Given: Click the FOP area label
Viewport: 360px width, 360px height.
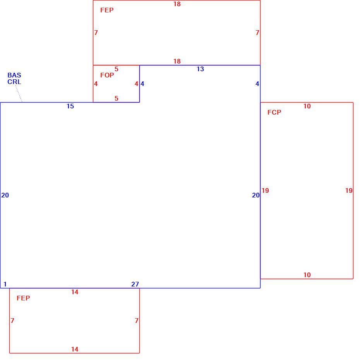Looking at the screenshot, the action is (x=107, y=75).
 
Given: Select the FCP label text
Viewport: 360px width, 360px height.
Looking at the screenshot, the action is (x=274, y=112).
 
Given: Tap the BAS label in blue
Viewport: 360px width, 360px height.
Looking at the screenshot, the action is (x=14, y=75).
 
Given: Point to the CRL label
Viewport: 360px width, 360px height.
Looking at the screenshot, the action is (x=14, y=82).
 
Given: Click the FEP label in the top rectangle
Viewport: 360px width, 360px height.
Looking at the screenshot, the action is (x=107, y=10).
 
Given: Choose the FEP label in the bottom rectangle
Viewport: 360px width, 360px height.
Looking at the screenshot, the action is (x=23, y=298).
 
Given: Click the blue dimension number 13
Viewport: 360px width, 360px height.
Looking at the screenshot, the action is (x=200, y=69).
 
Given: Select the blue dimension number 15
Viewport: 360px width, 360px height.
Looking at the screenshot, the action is (x=70, y=106).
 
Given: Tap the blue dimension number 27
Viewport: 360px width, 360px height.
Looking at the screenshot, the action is (x=135, y=284).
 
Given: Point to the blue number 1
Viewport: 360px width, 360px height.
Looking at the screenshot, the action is (x=5, y=284).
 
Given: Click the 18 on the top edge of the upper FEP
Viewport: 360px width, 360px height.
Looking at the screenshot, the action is (x=177, y=4).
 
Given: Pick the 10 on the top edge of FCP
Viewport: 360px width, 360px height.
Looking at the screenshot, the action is (x=307, y=106).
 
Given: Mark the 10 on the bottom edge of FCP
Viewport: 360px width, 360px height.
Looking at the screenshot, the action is (x=307, y=275).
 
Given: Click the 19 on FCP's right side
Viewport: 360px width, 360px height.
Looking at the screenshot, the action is (x=349, y=190).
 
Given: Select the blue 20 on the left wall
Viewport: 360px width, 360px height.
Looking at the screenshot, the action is (x=5, y=195).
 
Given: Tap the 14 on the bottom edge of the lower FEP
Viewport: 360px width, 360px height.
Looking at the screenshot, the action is (x=75, y=349).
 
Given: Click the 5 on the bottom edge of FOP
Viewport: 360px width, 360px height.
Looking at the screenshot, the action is (x=117, y=98).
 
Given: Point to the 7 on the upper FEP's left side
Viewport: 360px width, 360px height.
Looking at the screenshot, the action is (x=96, y=33).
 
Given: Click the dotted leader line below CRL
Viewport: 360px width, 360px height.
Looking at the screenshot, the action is (x=19, y=93).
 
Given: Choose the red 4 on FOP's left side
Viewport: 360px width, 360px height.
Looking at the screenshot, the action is (x=96, y=84).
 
